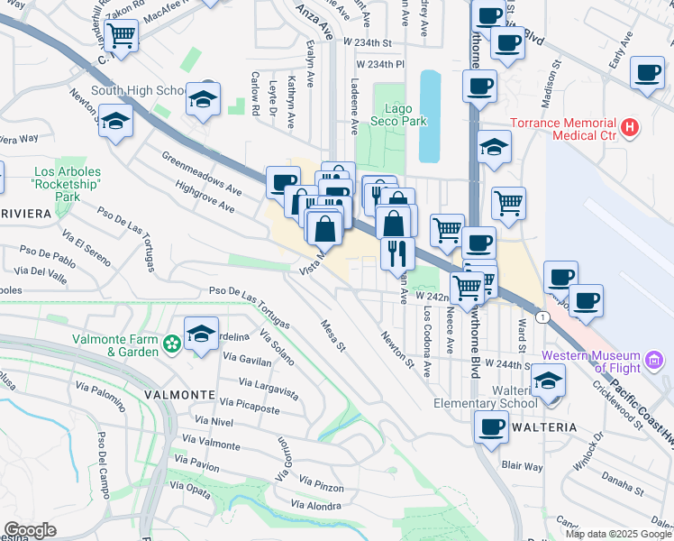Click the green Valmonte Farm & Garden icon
[171, 344]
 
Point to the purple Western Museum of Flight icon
[655, 362]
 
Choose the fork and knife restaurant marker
[396, 252]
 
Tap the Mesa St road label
[332, 334]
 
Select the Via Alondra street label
[314, 506]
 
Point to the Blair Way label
[523, 466]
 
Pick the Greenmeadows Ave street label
[202, 172]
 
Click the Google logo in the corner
[30, 529]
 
